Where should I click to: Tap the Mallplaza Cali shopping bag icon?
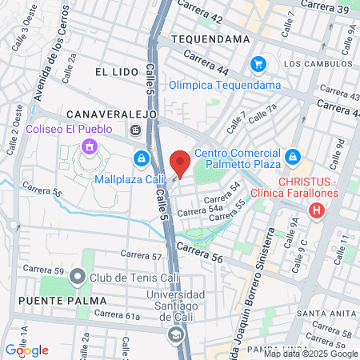tap(142, 158)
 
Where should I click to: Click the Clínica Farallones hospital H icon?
tap(318, 211)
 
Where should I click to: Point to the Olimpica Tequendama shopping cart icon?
tap(257, 63)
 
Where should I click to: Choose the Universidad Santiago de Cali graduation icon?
tap(175, 336)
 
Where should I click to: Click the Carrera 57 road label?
tap(141, 257)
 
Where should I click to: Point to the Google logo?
tap(26, 350)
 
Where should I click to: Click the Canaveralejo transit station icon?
tap(135, 130)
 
